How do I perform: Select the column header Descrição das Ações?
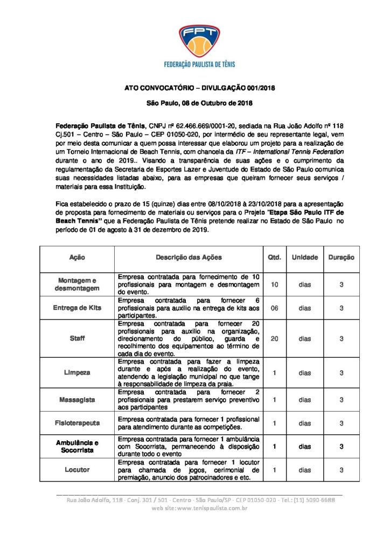[x=189, y=258]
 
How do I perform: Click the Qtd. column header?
[x=274, y=258]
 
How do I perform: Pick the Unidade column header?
[x=305, y=258]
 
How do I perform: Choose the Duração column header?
[x=342, y=258]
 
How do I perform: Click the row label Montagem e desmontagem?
[x=77, y=284]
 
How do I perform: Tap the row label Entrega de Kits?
[x=77, y=308]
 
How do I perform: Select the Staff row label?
[x=77, y=338]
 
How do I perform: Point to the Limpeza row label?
[x=77, y=372]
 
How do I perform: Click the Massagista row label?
[x=77, y=400]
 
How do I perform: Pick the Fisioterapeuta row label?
[x=77, y=423]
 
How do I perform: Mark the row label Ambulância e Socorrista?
[x=77, y=447]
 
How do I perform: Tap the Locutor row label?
[x=77, y=470]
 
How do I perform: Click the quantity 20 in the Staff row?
[x=274, y=338]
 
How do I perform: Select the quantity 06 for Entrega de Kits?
[x=274, y=308]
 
